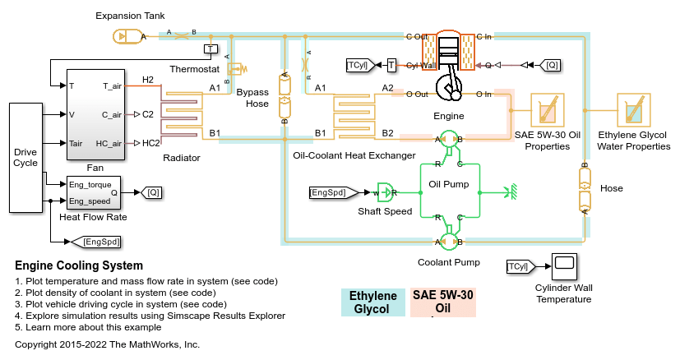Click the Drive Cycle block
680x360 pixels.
[25, 157]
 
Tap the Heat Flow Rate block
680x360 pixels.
[93, 192]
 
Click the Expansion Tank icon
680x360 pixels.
[121, 36]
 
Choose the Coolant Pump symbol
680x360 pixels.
[449, 241]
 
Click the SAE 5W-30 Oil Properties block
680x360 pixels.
[546, 110]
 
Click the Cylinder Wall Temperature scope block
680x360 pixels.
[564, 265]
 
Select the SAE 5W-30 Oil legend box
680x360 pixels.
[443, 302]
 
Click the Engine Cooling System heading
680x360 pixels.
[79, 265]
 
